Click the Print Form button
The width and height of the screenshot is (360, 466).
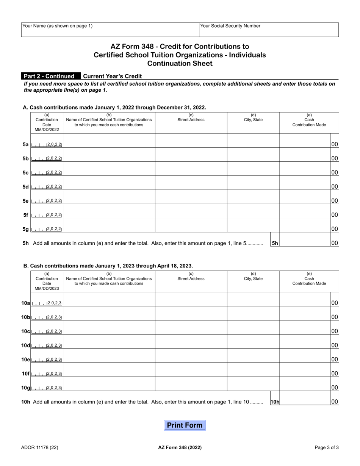(x=185, y=425)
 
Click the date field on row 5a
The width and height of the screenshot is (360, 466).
(x=47, y=144)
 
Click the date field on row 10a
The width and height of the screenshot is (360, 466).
(x=47, y=303)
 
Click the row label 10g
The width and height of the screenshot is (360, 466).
(x=26, y=388)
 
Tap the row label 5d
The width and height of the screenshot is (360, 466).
(x=25, y=187)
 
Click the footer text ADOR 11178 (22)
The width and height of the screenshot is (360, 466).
(x=40, y=447)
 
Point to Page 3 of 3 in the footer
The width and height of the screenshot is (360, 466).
(x=327, y=447)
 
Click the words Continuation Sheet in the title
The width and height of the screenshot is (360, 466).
(x=180, y=63)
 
